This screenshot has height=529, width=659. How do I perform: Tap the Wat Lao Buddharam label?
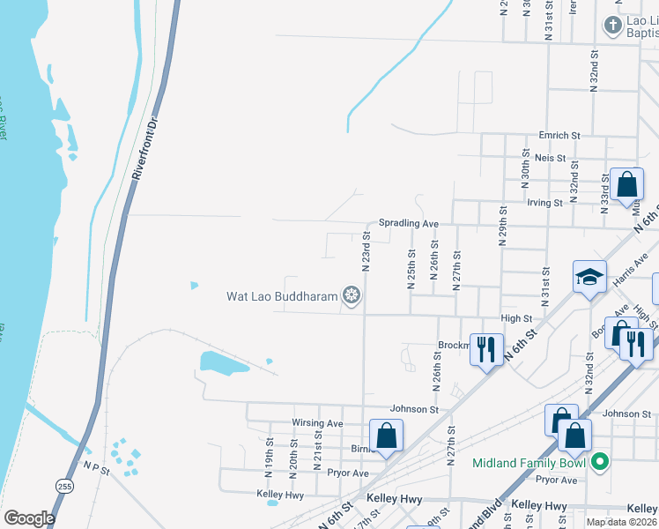pos(282,296)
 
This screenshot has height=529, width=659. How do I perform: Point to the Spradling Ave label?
pos(409,224)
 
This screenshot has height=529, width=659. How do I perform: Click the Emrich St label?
pos(560,136)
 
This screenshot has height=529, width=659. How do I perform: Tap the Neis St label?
pos(560,159)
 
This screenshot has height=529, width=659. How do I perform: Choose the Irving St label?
pos(544,202)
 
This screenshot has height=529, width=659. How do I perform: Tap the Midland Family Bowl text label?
pos(529,462)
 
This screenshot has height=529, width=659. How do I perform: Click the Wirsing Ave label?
pos(317,423)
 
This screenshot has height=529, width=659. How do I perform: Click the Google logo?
pos(29,518)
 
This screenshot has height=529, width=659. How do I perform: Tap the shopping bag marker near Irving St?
pos(626,186)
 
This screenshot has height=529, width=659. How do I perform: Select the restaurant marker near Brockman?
pos(485,349)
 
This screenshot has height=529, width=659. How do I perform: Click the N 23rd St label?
pos(366,251)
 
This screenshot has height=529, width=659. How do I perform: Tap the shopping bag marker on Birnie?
pos(386,435)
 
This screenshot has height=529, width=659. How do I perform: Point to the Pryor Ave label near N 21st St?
pos(348,473)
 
